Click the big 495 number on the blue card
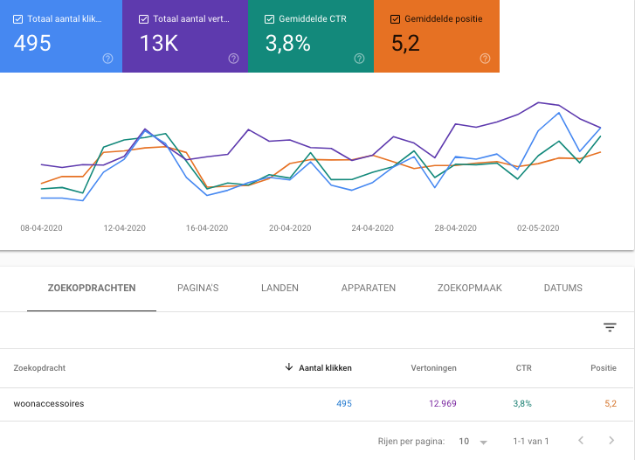(33, 44)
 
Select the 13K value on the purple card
(158, 44)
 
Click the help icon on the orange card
(485, 59)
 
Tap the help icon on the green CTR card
(359, 59)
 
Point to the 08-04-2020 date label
(41, 228)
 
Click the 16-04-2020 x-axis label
(207, 228)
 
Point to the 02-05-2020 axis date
(537, 228)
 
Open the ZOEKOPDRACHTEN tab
(92, 288)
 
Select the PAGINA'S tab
(198, 288)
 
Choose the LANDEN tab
(280, 288)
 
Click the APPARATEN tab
(369, 288)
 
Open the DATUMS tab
(563, 288)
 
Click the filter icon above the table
(610, 327)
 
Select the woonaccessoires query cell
(49, 403)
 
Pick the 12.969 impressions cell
(442, 403)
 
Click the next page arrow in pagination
(611, 441)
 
